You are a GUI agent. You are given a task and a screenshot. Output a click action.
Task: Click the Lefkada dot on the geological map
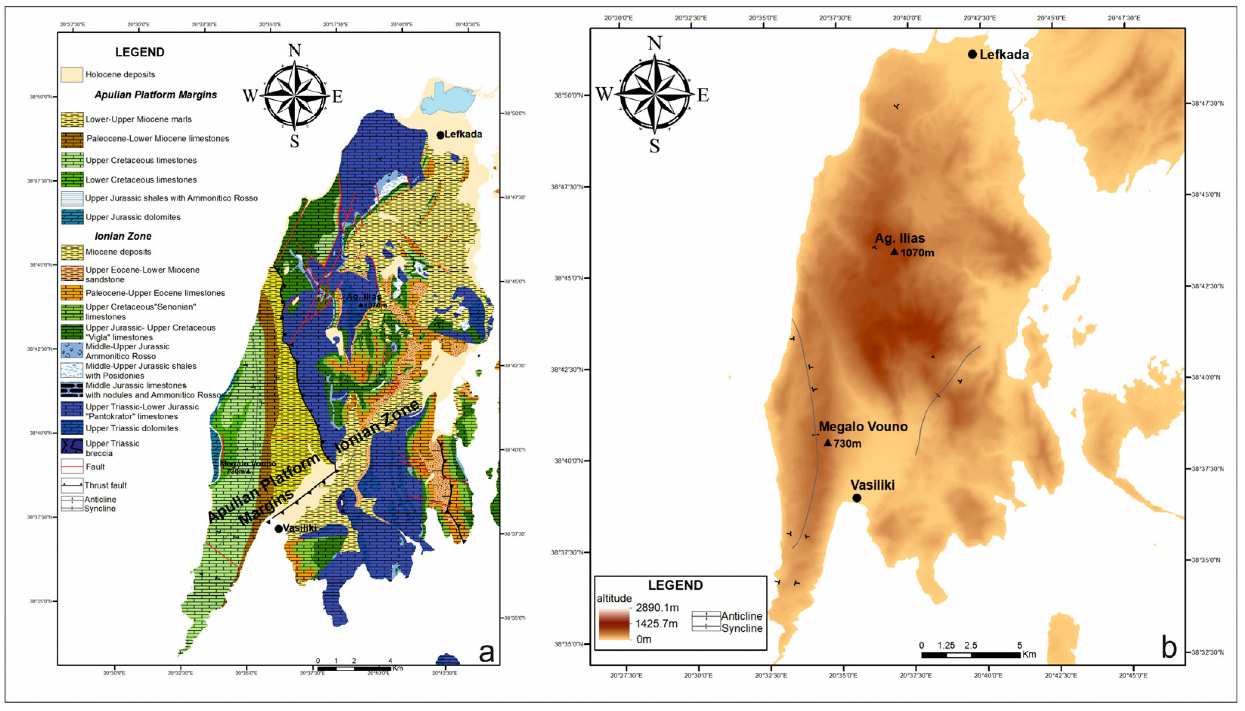tap(440, 135)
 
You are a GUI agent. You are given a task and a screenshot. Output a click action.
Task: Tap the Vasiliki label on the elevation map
tap(872, 485)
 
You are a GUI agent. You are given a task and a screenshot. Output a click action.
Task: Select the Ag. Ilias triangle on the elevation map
tap(894, 251)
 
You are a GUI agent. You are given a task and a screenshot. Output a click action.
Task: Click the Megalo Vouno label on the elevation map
tap(863, 427)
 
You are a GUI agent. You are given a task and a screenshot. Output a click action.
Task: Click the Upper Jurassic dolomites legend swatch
tap(72, 217)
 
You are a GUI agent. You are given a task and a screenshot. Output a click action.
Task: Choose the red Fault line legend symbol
tap(72, 467)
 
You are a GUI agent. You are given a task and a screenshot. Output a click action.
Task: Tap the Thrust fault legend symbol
tap(72, 486)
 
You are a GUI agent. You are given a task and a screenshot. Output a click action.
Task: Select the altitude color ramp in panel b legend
tap(614, 624)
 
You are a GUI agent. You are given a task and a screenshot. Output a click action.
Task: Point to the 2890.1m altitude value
tap(657, 607)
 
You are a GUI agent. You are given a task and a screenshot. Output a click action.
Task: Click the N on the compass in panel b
tap(654, 43)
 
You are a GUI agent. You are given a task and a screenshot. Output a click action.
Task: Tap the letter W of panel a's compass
tap(250, 96)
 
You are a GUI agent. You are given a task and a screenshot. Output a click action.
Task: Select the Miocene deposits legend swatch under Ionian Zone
tap(72, 252)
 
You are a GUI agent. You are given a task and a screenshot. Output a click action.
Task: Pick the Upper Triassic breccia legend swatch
tap(72, 447)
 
